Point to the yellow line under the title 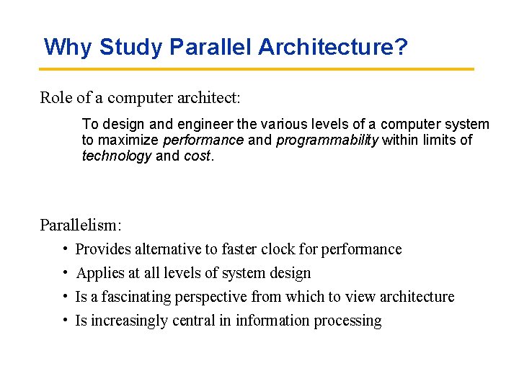[x=257, y=69]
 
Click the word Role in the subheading [x=56, y=98]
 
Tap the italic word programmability [x=327, y=140]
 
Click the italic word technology [x=117, y=156]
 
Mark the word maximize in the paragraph [x=130, y=140]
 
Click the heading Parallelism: [x=81, y=225]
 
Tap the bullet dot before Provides [x=65, y=249]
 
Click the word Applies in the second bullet [x=99, y=273]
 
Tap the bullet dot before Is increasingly [x=65, y=321]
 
